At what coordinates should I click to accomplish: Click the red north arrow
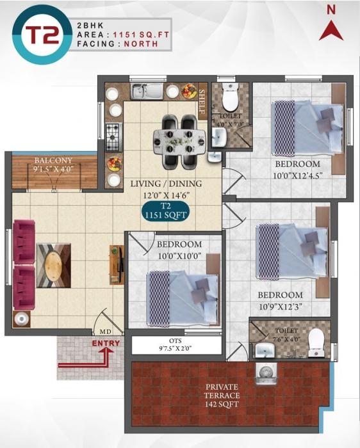pos(332,29)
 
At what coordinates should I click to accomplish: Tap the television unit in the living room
pos(116,263)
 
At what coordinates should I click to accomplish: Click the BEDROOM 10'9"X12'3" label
pos(280,300)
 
